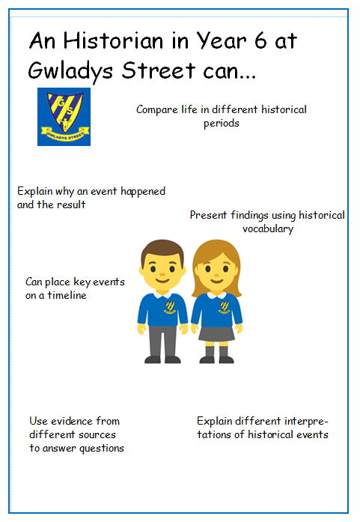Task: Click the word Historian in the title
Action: [x=113, y=40]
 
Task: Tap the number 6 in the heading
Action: [x=261, y=40]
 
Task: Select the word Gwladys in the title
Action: [x=70, y=71]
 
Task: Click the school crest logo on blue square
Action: [x=64, y=117]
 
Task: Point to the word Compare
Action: [x=157, y=110]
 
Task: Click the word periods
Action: [x=222, y=124]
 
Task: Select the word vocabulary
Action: [x=268, y=229]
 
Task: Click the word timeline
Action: [x=67, y=295]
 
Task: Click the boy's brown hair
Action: [x=162, y=251]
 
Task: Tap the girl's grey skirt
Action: [x=216, y=333]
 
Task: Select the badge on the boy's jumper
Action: [x=170, y=307]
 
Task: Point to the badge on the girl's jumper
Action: [x=225, y=307]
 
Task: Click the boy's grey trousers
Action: [x=162, y=342]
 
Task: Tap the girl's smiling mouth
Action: [x=217, y=281]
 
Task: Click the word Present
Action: [x=208, y=216]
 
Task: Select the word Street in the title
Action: [x=159, y=70]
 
